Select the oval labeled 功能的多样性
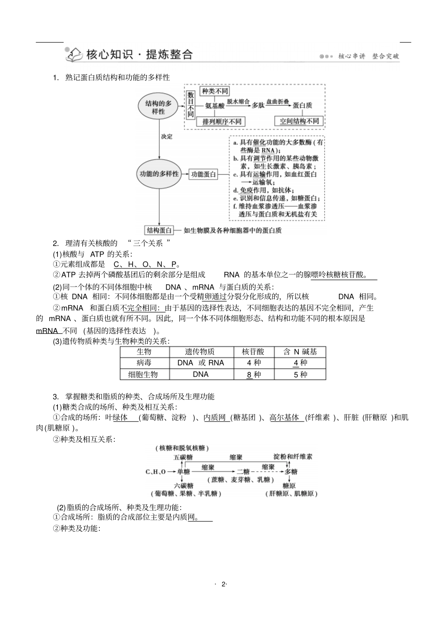tap(159, 174)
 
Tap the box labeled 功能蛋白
tap(203, 174)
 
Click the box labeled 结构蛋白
tap(159, 230)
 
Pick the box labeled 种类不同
tap(215, 91)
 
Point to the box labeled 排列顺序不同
tap(221, 121)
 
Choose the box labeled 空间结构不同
tap(299, 121)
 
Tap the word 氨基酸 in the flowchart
tap(215, 106)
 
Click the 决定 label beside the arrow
tap(167, 136)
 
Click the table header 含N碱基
tap(300, 352)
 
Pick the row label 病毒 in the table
tap(144, 363)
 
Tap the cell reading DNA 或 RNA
tap(200, 363)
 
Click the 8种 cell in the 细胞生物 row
tap(254, 375)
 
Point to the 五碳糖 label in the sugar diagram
tap(183, 457)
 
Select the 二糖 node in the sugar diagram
tap(243, 471)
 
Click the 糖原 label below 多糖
tap(289, 486)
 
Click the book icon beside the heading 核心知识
tap(74, 55)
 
